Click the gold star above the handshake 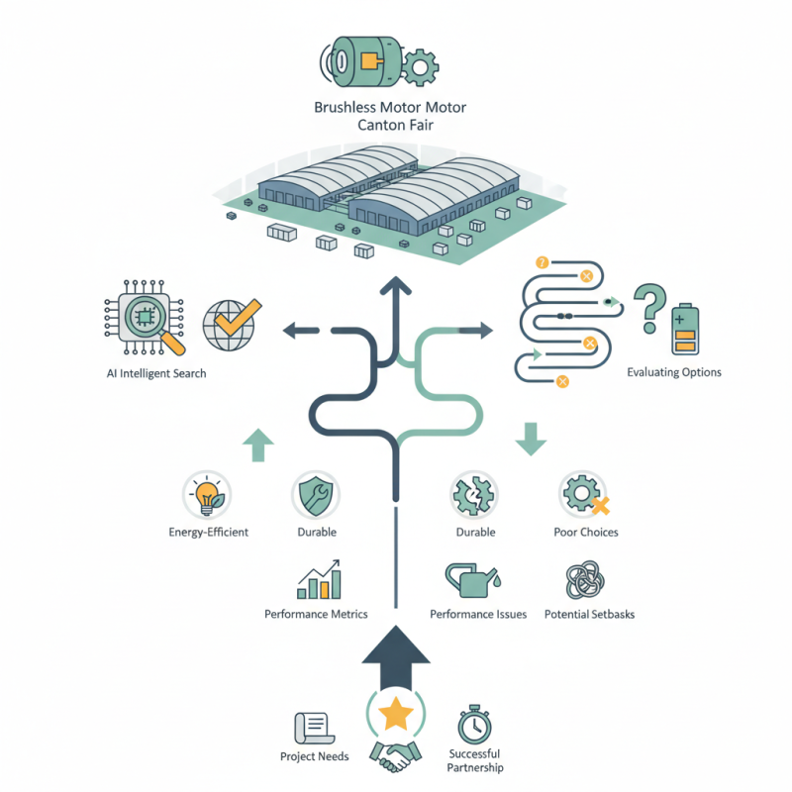coord(395,713)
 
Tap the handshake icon coord(395,756)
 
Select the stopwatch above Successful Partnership coord(474,725)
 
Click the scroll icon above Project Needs coord(314,728)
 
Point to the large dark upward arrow coord(395,657)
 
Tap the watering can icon coord(473,580)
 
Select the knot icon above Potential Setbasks coord(585,580)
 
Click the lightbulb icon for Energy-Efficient coord(207,495)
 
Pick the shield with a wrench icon coord(316,496)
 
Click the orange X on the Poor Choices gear coord(600,505)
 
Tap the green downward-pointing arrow coord(531,440)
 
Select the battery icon coord(685,329)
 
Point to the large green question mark coord(651,308)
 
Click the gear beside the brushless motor coord(419,67)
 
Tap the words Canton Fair coord(395,125)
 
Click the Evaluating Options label coord(674,372)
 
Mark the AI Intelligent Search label coord(156,373)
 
